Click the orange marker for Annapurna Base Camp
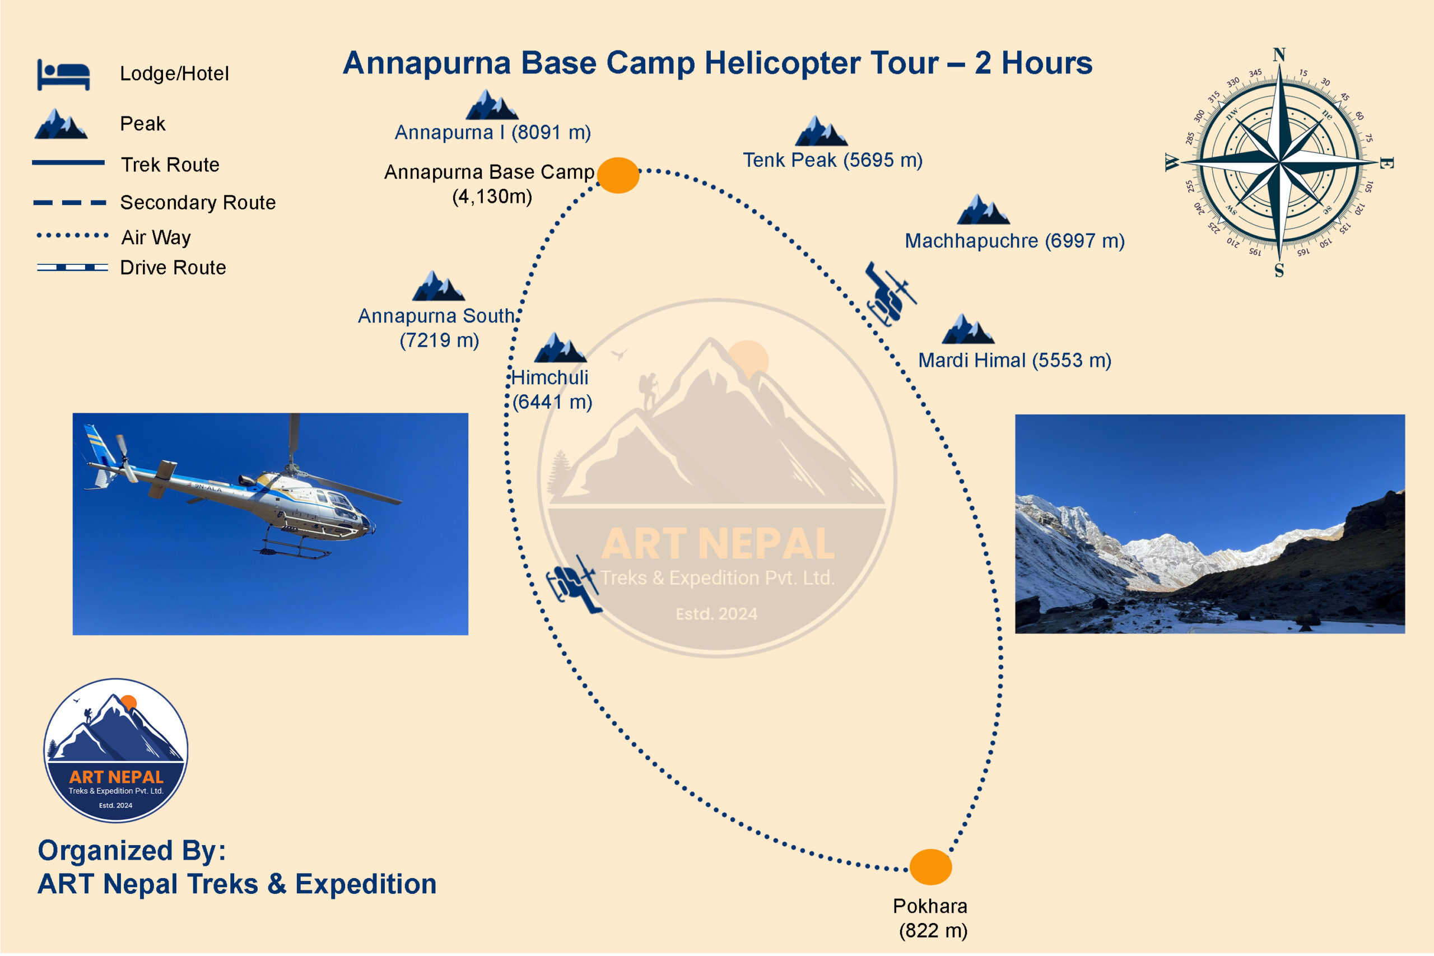coord(618,176)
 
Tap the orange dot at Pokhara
coord(930,867)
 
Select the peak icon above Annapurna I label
coord(491,104)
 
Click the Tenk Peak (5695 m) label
coord(832,160)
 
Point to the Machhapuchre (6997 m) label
coord(1014,241)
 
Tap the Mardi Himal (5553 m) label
coord(1014,360)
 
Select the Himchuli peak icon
coord(560,348)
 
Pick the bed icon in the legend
coord(63,75)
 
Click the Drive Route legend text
coord(173,268)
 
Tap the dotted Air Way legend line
coord(73,235)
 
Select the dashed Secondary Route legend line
coord(70,202)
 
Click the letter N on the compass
coord(1279,55)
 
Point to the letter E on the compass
coord(1385,164)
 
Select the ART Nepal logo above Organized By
coord(116,750)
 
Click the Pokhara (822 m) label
coord(931,918)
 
